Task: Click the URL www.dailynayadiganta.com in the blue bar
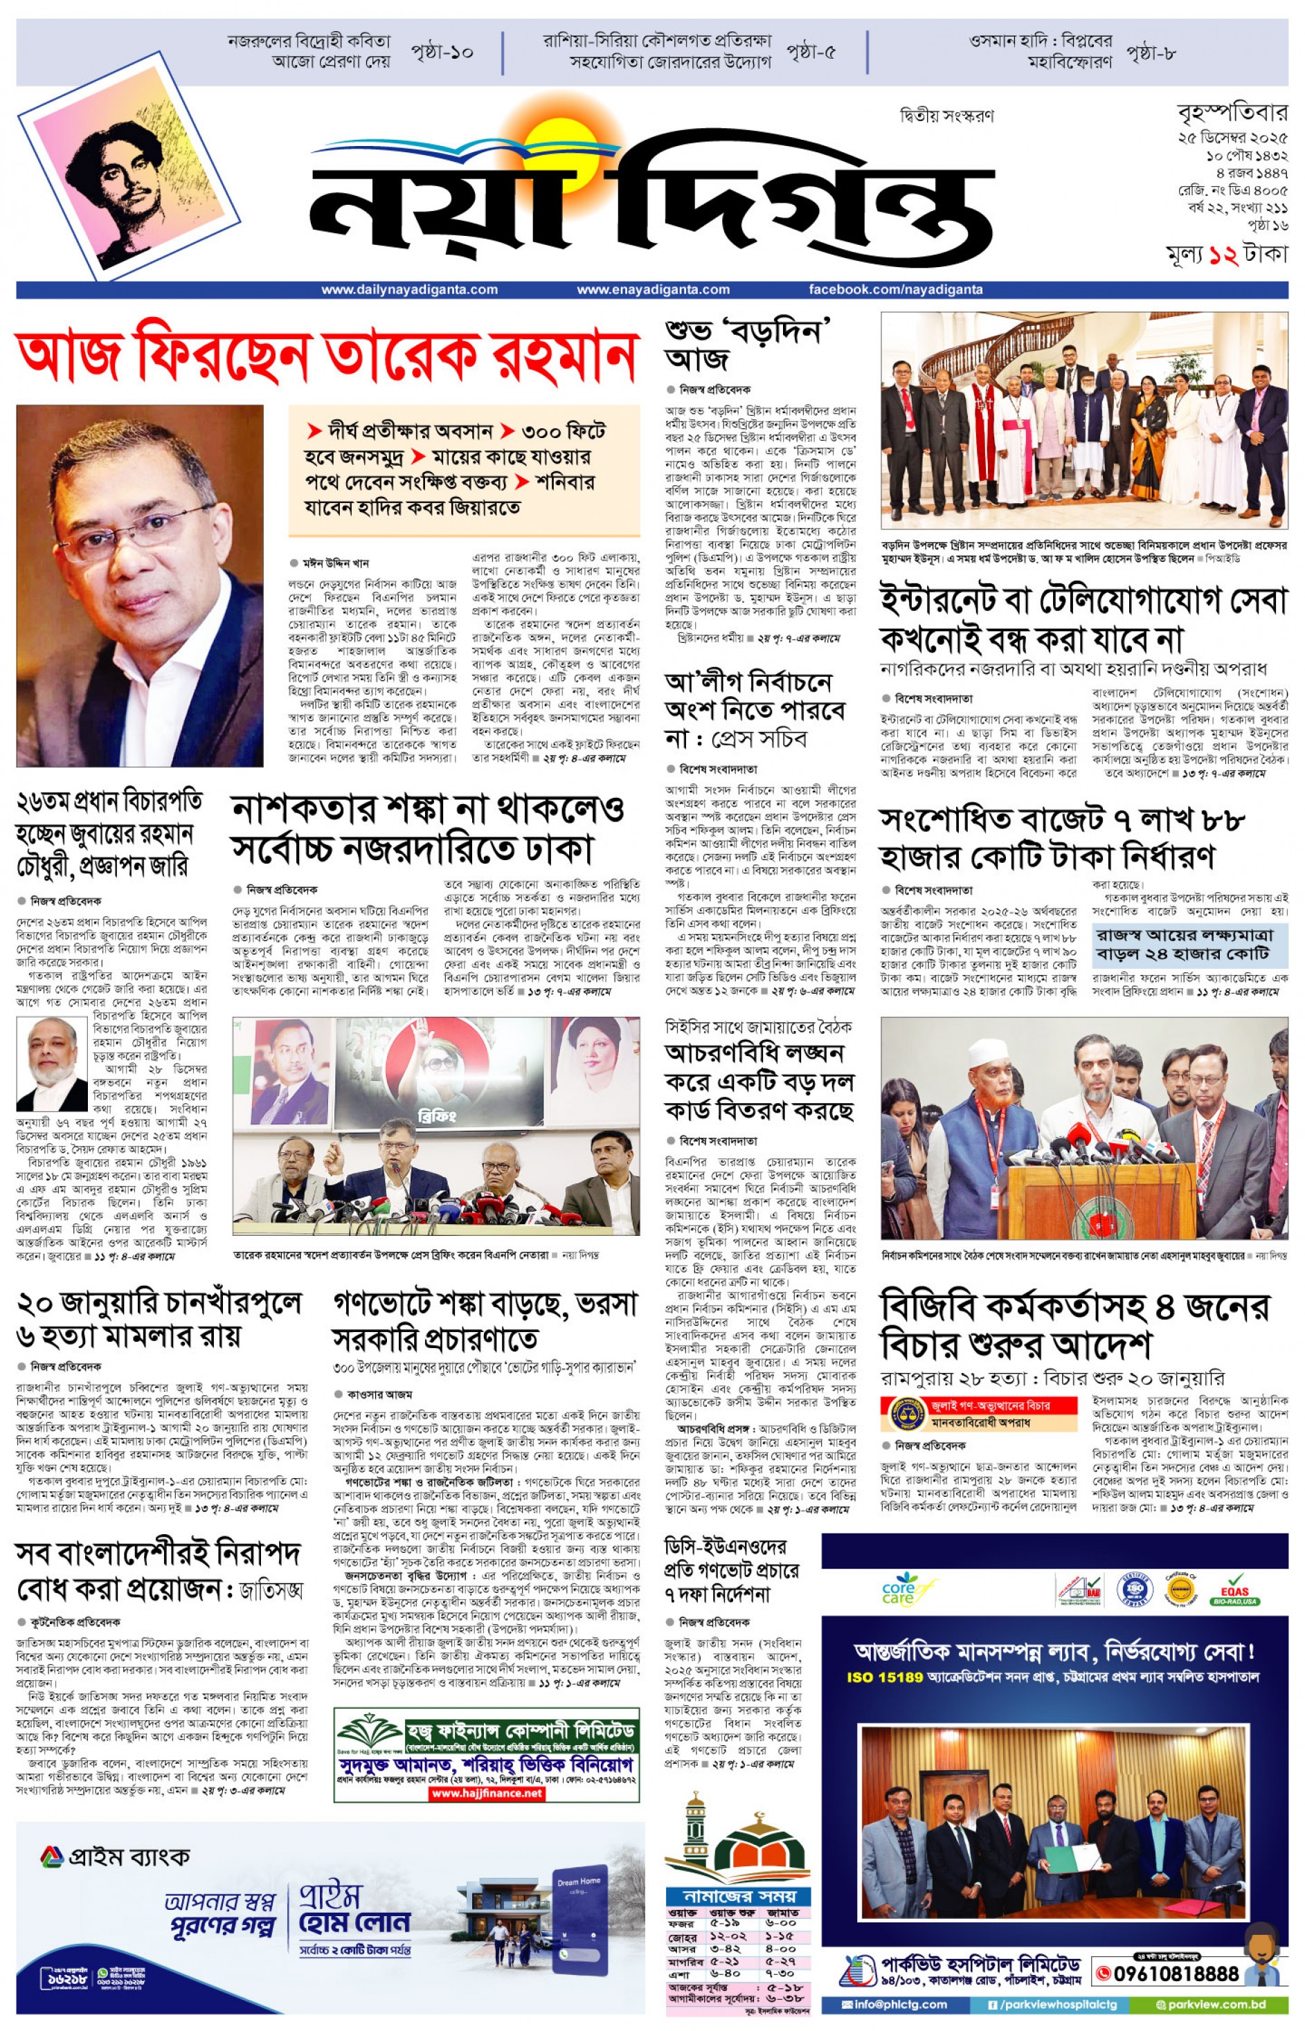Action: click(409, 290)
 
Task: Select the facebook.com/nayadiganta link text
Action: click(896, 290)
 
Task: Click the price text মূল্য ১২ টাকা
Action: click(1226, 254)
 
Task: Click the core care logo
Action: click(897, 1592)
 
